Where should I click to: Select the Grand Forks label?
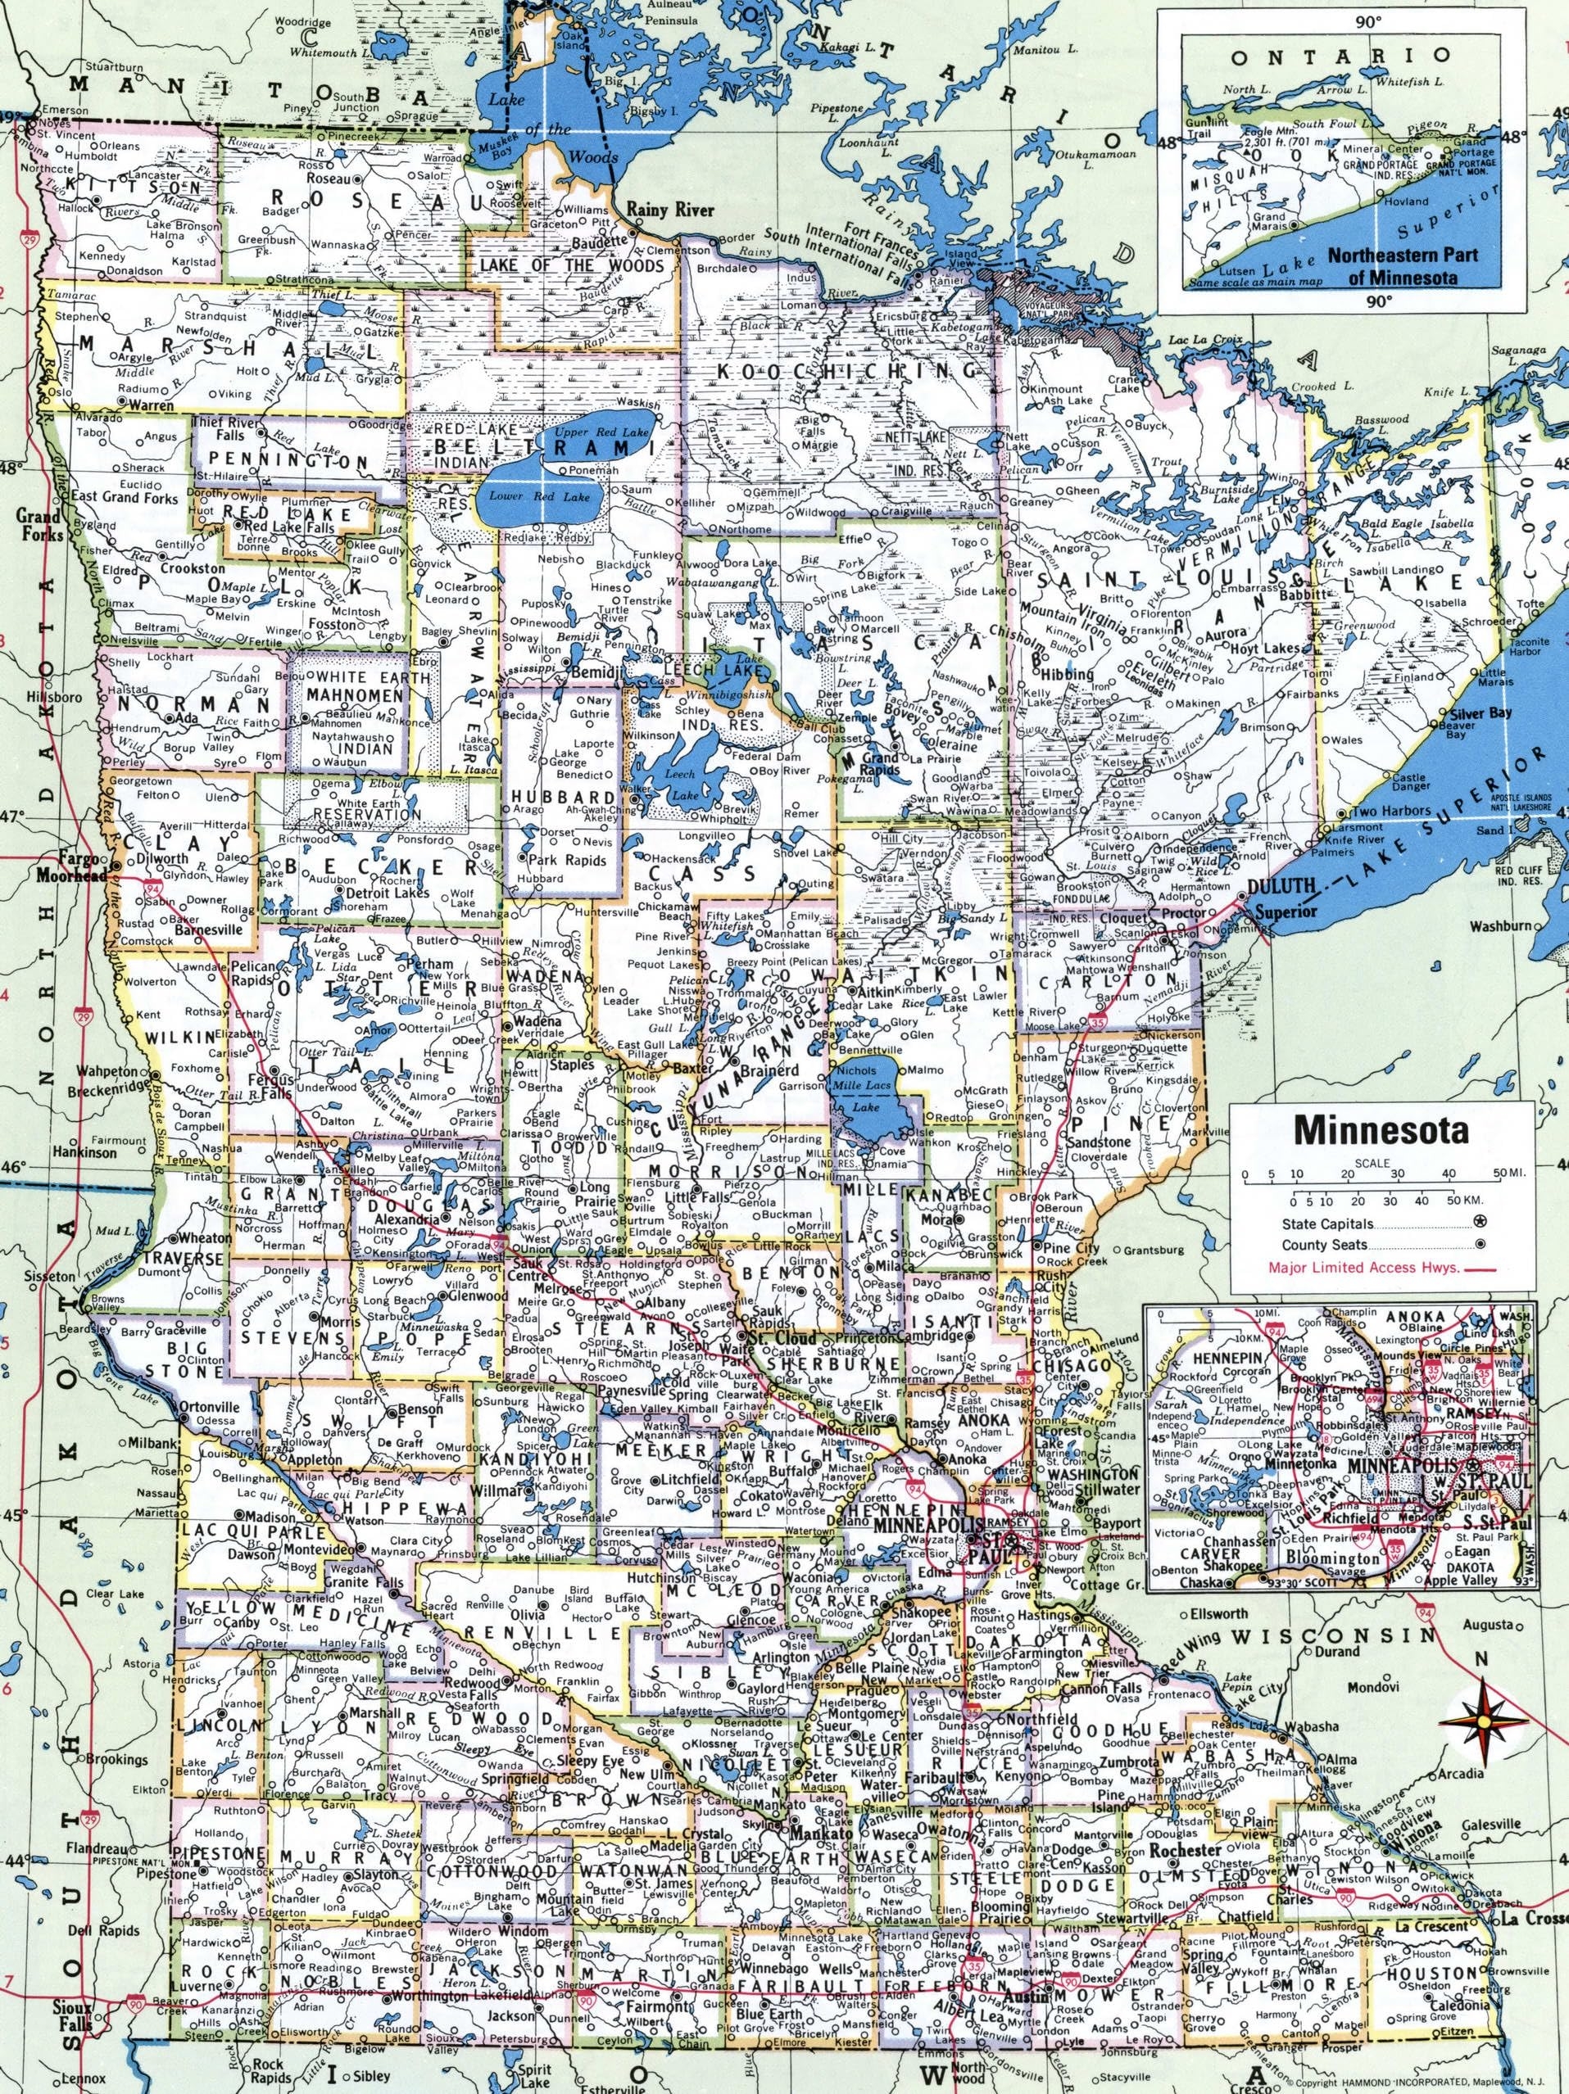39,526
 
